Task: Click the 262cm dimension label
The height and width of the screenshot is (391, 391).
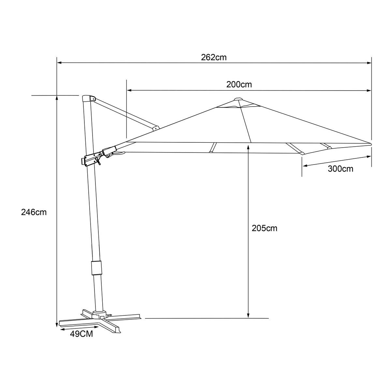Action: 214,57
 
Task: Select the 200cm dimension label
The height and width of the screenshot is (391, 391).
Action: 239,84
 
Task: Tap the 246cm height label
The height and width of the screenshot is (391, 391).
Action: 34,212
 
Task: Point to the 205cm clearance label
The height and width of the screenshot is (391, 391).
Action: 264,228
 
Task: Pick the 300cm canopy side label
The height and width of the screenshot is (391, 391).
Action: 341,169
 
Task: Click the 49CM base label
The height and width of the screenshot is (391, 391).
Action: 81,334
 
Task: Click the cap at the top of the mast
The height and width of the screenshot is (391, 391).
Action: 88,98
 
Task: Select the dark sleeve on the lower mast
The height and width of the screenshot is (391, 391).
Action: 96,268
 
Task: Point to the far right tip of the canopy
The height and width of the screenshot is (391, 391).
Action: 370,144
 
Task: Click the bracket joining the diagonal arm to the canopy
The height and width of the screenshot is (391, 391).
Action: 156,128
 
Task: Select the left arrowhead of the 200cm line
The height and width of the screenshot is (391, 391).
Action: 129,90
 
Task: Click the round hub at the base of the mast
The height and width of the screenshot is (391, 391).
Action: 99,314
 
